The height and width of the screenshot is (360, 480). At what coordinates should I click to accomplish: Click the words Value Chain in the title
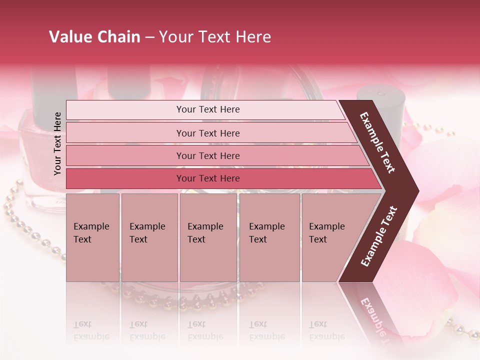pyautogui.click(x=94, y=37)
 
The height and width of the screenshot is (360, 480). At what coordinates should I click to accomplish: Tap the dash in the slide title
pyautogui.click(x=149, y=37)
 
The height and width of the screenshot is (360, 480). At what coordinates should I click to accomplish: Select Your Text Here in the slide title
pyautogui.click(x=215, y=37)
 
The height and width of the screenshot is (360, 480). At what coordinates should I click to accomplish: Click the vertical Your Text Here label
pyautogui.click(x=57, y=143)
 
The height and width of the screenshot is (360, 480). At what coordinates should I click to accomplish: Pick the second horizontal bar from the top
pyautogui.click(x=207, y=133)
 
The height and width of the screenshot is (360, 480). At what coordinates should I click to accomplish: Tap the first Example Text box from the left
pyautogui.click(x=92, y=237)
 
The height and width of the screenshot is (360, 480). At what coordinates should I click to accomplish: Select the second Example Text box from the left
pyautogui.click(x=149, y=237)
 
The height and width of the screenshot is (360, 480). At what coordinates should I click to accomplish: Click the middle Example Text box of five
pyautogui.click(x=208, y=237)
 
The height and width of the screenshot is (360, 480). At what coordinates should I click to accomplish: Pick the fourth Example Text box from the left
pyautogui.click(x=269, y=237)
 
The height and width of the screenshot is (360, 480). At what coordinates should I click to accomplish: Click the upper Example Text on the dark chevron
pyautogui.click(x=378, y=142)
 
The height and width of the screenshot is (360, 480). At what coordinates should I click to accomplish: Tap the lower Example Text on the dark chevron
pyautogui.click(x=379, y=236)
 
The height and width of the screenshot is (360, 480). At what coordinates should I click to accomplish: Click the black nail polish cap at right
pyautogui.click(x=380, y=103)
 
